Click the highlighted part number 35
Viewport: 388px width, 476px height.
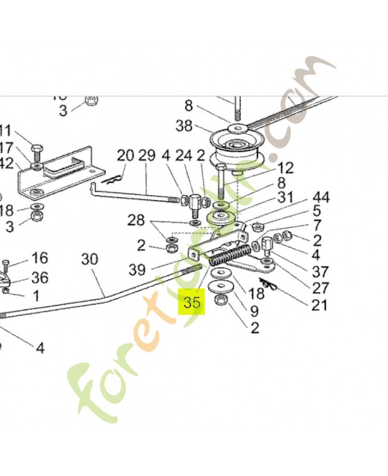[x=192, y=302]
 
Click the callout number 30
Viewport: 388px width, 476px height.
[x=89, y=259]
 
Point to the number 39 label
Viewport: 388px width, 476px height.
[x=137, y=270]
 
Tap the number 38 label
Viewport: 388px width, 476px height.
[x=184, y=126]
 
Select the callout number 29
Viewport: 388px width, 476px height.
[x=147, y=156]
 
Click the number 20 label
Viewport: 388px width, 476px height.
[x=125, y=156]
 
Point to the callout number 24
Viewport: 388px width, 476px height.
[x=184, y=156]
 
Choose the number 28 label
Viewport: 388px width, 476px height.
[x=136, y=221]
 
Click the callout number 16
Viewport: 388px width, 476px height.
[x=39, y=258]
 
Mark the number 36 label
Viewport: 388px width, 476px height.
[x=39, y=277]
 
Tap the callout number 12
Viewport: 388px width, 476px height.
[x=285, y=168]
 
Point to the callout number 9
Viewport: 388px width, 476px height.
[x=254, y=311]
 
